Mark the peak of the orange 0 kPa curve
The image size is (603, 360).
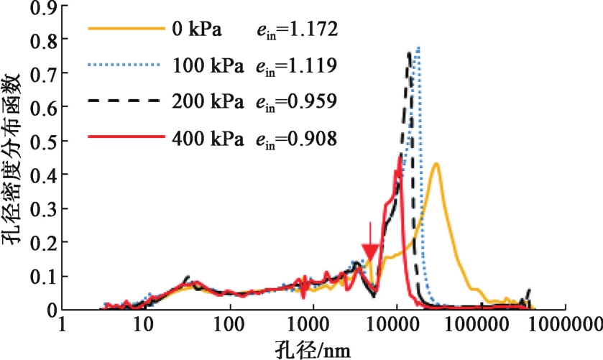coord(436,164)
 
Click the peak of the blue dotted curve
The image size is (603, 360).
coord(418,48)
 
